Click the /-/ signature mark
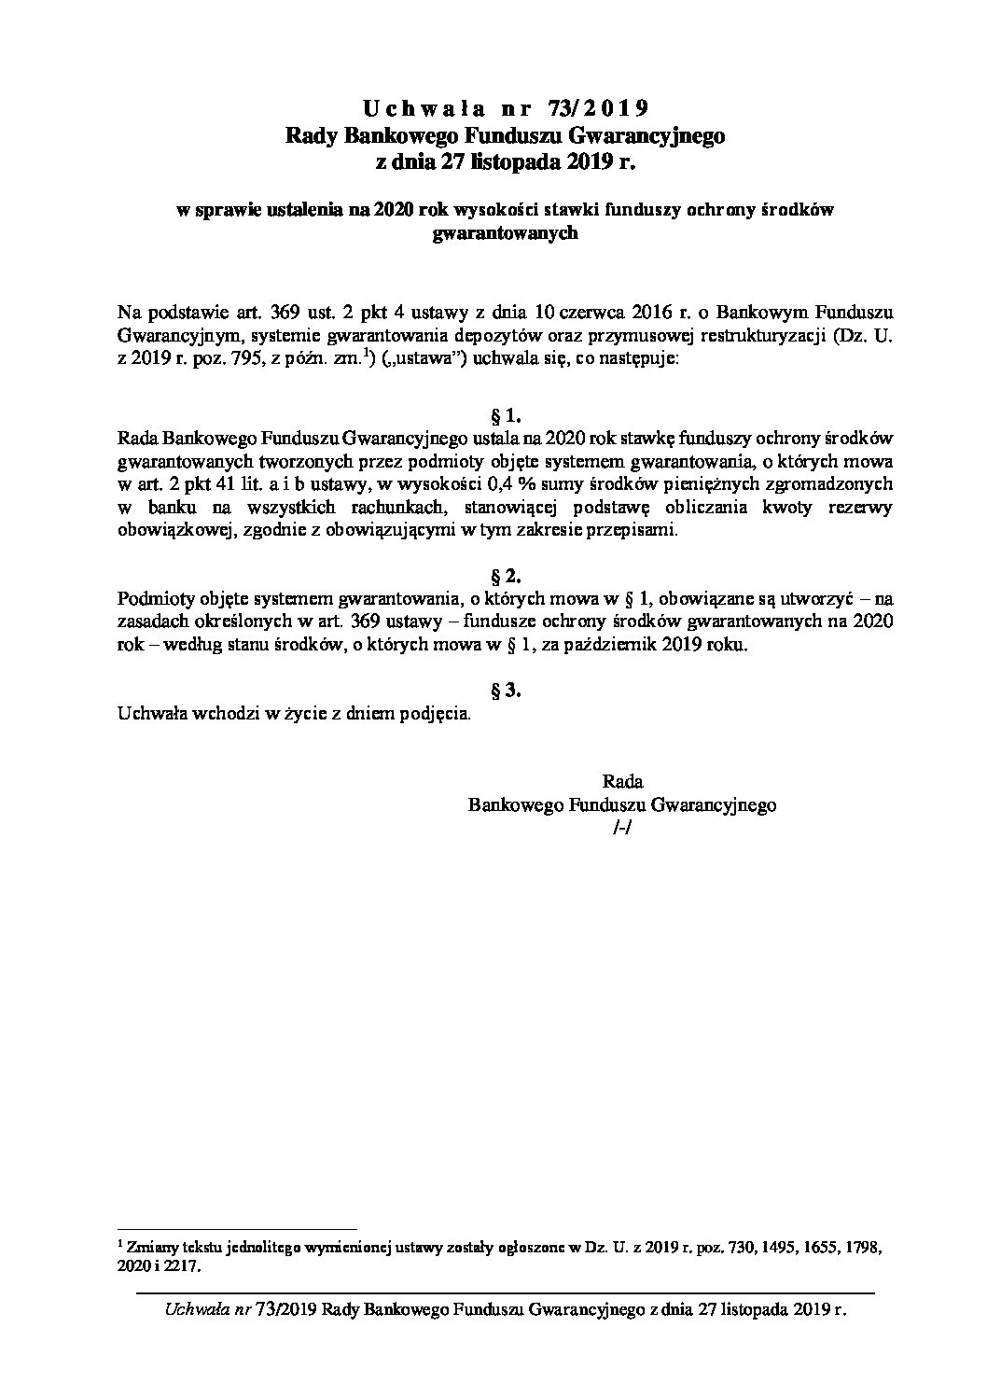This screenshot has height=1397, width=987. pos(619,829)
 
